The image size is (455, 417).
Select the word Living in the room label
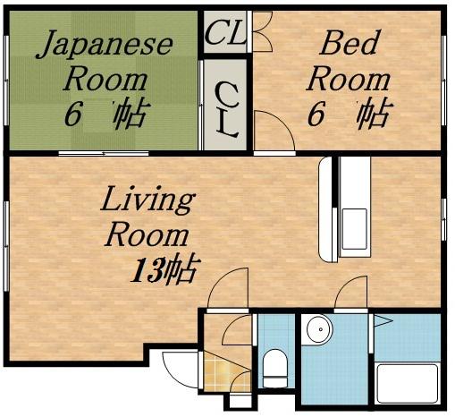coord(146,200)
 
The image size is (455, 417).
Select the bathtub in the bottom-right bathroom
coord(407,383)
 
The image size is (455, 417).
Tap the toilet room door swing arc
coord(241,328)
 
